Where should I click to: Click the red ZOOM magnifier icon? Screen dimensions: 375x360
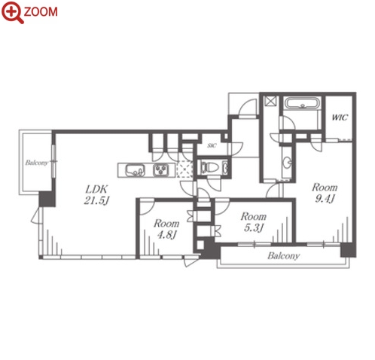(x=13, y=12)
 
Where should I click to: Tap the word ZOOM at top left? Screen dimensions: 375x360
(x=41, y=12)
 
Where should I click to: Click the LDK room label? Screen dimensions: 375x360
(x=96, y=189)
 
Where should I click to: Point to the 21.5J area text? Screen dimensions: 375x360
(x=96, y=200)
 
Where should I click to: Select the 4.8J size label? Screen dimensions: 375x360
(x=166, y=235)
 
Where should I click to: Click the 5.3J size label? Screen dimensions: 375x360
(x=254, y=227)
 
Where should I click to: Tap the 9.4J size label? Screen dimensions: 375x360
(x=325, y=199)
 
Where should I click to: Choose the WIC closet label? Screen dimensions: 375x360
(x=340, y=117)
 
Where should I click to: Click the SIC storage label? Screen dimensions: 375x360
(x=212, y=145)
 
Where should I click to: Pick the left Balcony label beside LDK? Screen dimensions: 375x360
(x=37, y=163)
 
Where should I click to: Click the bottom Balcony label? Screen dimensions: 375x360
(x=284, y=256)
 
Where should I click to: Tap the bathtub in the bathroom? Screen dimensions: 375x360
(x=303, y=103)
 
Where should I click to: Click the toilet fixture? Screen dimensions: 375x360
(x=208, y=167)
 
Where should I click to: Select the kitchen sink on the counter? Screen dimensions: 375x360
(x=135, y=170)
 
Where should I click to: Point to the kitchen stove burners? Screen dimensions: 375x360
(x=161, y=170)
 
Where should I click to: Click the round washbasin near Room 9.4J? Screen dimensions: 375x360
(x=288, y=163)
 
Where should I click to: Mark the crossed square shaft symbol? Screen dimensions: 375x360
(x=271, y=101)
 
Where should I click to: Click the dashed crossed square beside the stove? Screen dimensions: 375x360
(x=185, y=169)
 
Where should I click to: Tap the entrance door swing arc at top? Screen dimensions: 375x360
(x=247, y=107)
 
